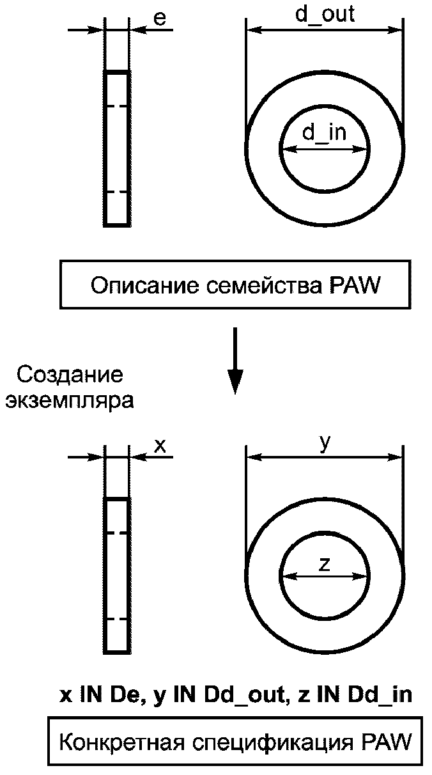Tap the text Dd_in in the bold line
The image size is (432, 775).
tap(380, 696)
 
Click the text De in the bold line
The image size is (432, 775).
tap(127, 696)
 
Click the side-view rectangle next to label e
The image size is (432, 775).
tap(117, 148)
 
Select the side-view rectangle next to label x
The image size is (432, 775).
tap(117, 575)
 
